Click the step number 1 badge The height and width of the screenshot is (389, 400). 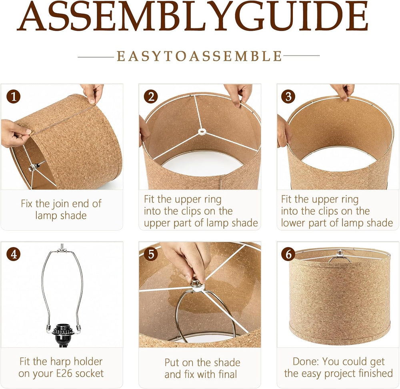click(14, 97)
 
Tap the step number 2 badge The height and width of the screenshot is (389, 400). click(151, 97)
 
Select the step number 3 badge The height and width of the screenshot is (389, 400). click(288, 97)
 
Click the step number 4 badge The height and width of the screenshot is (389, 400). click(14, 254)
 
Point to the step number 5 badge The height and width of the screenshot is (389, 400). click(151, 254)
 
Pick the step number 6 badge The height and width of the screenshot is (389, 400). click(288, 254)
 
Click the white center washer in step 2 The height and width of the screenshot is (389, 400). click(202, 132)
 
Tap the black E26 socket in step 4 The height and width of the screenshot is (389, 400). click(62, 335)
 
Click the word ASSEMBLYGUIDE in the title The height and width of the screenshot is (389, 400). click(193, 16)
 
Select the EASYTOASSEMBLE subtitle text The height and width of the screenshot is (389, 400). click(199, 56)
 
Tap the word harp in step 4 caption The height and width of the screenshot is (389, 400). click(60, 362)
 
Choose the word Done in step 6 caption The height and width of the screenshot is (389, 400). click(306, 361)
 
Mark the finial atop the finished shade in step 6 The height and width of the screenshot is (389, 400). click(339, 253)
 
